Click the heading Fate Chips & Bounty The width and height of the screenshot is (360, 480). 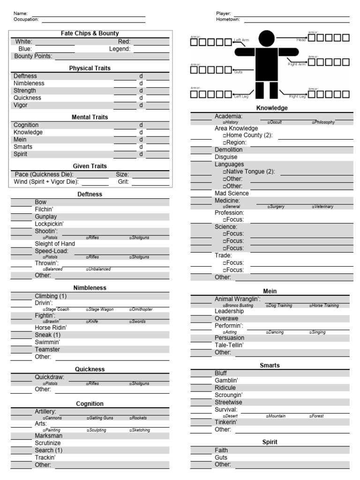click(x=90, y=34)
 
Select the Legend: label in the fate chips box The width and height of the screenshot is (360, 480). click(x=120, y=49)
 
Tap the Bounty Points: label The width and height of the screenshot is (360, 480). click(x=33, y=56)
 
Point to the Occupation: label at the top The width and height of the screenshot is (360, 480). click(x=26, y=20)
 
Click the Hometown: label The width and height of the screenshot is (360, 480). click(x=228, y=20)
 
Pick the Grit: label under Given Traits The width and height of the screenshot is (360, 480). click(x=123, y=182)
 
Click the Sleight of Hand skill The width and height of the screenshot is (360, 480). click(x=55, y=244)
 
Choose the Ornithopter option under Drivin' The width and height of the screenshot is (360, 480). click(x=142, y=310)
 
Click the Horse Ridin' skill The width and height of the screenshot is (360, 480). click(x=51, y=328)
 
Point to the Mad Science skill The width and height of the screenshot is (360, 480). click(x=232, y=193)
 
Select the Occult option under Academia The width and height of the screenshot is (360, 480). click(x=276, y=122)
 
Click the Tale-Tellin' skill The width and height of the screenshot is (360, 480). click(x=229, y=345)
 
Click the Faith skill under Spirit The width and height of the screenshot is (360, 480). click(x=221, y=450)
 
